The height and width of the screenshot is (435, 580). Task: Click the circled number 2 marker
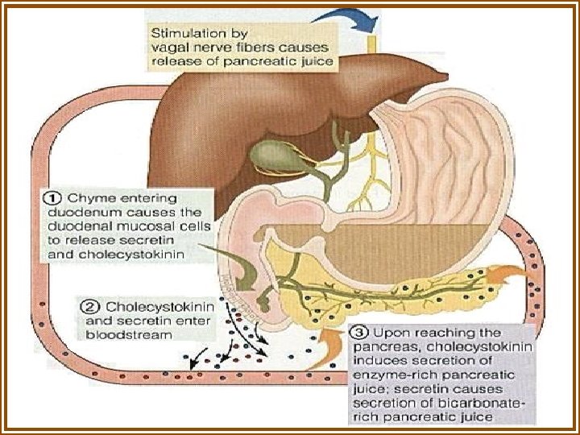coord(91,307)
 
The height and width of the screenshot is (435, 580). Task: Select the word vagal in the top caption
coord(168,47)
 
